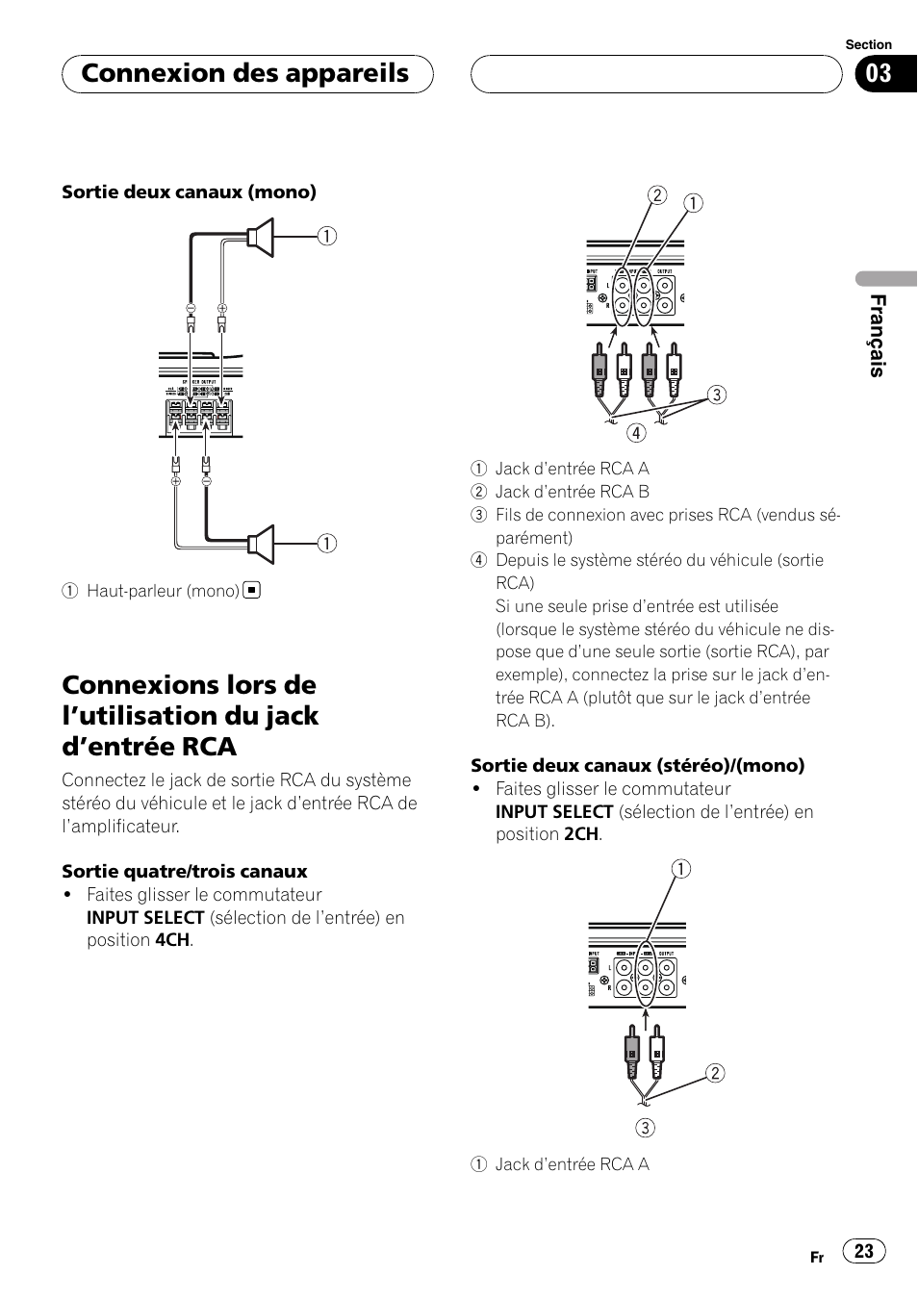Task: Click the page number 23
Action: [x=864, y=1250]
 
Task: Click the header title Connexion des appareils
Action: [x=245, y=74]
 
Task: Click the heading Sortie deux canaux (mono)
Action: [x=189, y=191]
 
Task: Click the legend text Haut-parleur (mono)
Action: [x=163, y=591]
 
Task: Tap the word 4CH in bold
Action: [x=172, y=940]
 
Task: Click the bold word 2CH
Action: [x=581, y=834]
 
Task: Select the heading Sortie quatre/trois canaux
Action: [x=185, y=871]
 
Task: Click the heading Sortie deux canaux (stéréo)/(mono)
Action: [x=637, y=765]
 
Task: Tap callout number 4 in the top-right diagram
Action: [x=636, y=433]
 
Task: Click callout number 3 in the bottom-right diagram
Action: [x=645, y=1128]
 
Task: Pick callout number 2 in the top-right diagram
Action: [x=656, y=195]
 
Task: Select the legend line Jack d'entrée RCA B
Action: [x=572, y=492]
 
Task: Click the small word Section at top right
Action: [x=868, y=44]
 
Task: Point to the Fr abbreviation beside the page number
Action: [x=817, y=1257]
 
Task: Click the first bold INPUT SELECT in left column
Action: [x=145, y=917]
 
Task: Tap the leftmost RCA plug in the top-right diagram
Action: [x=599, y=370]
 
